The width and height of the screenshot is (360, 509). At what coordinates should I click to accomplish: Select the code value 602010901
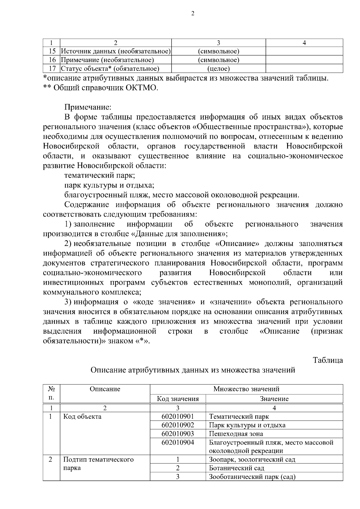[x=178, y=417]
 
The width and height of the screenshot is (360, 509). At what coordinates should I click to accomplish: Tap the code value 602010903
[x=178, y=434]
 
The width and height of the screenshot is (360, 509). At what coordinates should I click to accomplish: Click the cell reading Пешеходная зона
[x=236, y=434]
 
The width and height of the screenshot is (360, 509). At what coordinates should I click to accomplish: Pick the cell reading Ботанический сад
[x=236, y=468]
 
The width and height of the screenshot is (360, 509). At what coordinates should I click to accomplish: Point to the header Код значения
[x=178, y=399]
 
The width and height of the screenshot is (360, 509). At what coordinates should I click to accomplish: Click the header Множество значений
[x=246, y=389]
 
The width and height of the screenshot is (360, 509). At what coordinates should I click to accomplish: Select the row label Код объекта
[x=82, y=417]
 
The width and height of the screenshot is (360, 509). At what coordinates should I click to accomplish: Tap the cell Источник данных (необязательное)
[x=116, y=51]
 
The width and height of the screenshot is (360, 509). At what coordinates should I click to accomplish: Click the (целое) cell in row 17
[x=218, y=69]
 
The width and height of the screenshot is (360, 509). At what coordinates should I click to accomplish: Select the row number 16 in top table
[x=52, y=60]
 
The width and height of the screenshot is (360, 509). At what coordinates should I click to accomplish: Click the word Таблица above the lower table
[x=328, y=360]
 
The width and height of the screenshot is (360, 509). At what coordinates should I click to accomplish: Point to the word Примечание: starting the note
[x=88, y=107]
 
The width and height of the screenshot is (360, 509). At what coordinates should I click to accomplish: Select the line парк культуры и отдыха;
[x=109, y=185]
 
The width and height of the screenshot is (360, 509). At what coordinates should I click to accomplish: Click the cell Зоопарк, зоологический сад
[x=252, y=460]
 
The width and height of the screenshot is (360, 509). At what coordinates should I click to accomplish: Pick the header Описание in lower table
[x=105, y=389]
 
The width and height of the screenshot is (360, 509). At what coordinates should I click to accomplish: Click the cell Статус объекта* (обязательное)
[x=110, y=69]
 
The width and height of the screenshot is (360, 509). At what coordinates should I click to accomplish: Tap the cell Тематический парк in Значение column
[x=239, y=417]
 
